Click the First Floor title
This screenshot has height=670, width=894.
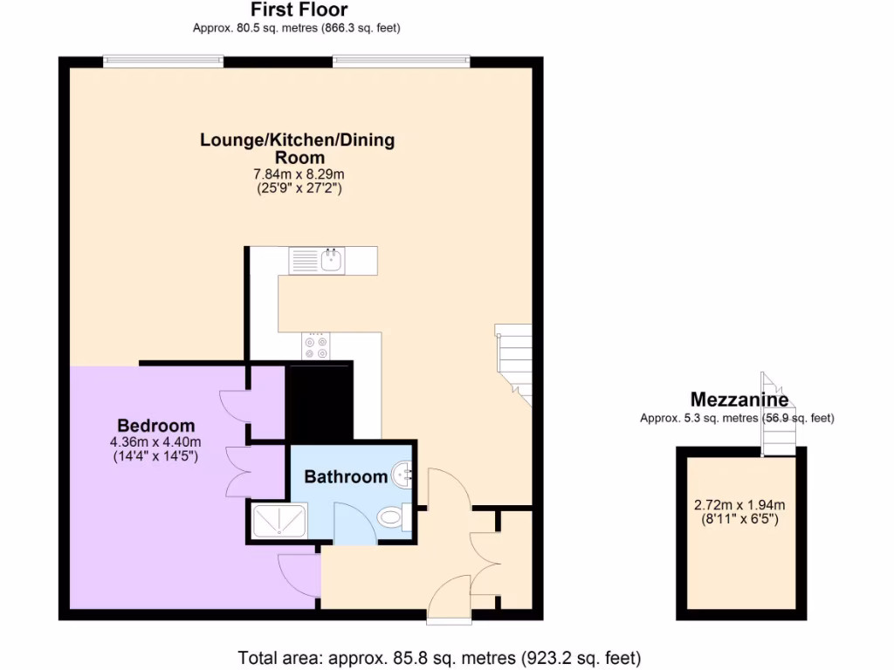299,10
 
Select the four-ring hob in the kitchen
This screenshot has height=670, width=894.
316,347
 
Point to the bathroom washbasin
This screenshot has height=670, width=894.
403,474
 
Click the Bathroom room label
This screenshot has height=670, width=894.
346,476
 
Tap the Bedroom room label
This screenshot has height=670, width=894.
155,426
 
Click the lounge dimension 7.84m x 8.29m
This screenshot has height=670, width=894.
297,174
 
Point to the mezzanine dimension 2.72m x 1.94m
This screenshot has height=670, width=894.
739,505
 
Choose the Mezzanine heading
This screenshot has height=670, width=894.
739,400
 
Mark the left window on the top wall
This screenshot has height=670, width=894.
162,61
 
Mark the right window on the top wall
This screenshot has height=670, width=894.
401,61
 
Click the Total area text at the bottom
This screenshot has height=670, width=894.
440,657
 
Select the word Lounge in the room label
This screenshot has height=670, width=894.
232,140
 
